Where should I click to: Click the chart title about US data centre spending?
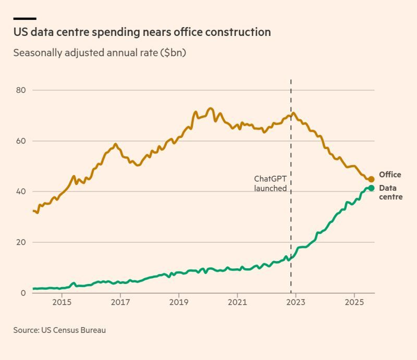point(142,32)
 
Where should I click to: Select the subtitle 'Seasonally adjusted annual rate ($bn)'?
point(100,53)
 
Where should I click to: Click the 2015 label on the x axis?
point(62,303)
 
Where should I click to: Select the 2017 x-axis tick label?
point(120,303)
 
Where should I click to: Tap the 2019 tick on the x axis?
point(179,303)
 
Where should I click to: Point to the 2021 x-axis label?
point(237,303)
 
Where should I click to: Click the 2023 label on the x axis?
point(296,303)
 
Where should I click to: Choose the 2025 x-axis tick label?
point(354,303)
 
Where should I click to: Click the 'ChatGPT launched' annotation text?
point(270,183)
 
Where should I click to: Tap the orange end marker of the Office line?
point(371,179)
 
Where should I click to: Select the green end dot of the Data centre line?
point(371,188)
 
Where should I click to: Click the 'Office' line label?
point(390,175)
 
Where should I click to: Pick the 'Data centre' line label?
point(390,192)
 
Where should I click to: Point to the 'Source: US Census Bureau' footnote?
point(59,330)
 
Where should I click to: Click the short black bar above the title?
point(24,19)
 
